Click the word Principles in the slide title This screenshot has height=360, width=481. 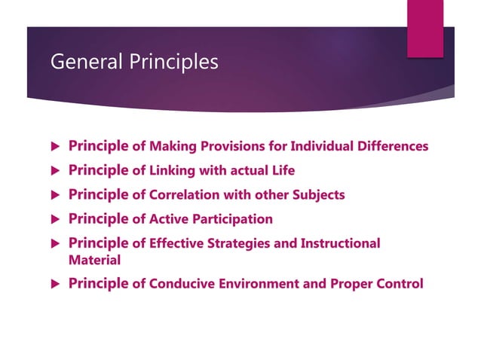tap(171, 62)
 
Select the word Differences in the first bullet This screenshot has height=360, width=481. tap(391, 146)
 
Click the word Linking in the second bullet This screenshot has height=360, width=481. tap(172, 170)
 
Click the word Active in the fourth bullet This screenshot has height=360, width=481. tap(169, 219)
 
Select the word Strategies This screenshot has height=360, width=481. tap(239, 244)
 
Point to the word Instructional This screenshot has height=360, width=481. tap(338, 244)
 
